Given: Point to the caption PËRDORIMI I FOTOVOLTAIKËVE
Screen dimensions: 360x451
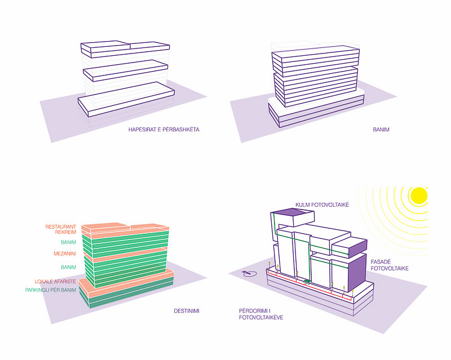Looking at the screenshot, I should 261,314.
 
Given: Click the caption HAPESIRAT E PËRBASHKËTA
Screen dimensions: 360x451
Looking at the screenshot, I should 164,130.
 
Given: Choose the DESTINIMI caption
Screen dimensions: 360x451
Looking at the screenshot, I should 187,310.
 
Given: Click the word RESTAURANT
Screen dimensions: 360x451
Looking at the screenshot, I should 61,227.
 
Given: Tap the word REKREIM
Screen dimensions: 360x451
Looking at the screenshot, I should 65,233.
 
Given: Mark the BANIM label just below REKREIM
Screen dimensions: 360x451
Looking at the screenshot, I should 68,243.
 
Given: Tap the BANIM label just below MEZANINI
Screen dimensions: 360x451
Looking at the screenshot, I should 68,267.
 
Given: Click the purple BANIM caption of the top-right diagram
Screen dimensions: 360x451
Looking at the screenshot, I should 381,130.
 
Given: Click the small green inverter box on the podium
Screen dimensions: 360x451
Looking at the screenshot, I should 307,281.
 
